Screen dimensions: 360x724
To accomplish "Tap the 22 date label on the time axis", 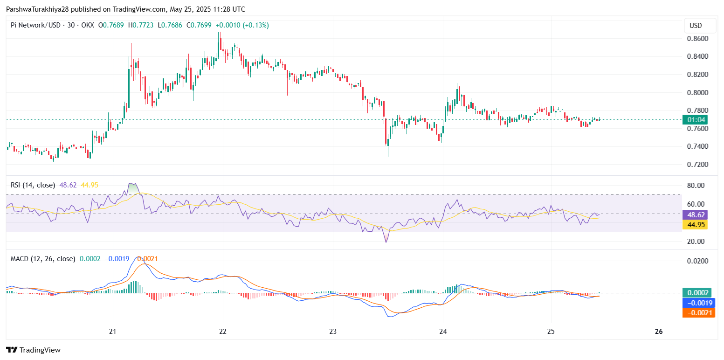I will pos(222,332).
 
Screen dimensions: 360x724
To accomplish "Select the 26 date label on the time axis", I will pos(659,332).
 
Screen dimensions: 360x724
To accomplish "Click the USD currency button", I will pos(696,26).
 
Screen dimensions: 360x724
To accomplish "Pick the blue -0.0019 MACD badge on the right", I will pos(698,303).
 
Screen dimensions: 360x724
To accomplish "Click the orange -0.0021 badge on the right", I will pos(698,312).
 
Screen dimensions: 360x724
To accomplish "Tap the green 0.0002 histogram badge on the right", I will pos(698,293).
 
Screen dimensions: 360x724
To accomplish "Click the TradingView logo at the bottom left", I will pos(33,350).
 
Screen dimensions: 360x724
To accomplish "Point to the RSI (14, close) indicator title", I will pos(33,185).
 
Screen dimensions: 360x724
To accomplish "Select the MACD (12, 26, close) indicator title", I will pos(43,258).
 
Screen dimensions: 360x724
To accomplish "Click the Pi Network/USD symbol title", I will pos(35,25).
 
